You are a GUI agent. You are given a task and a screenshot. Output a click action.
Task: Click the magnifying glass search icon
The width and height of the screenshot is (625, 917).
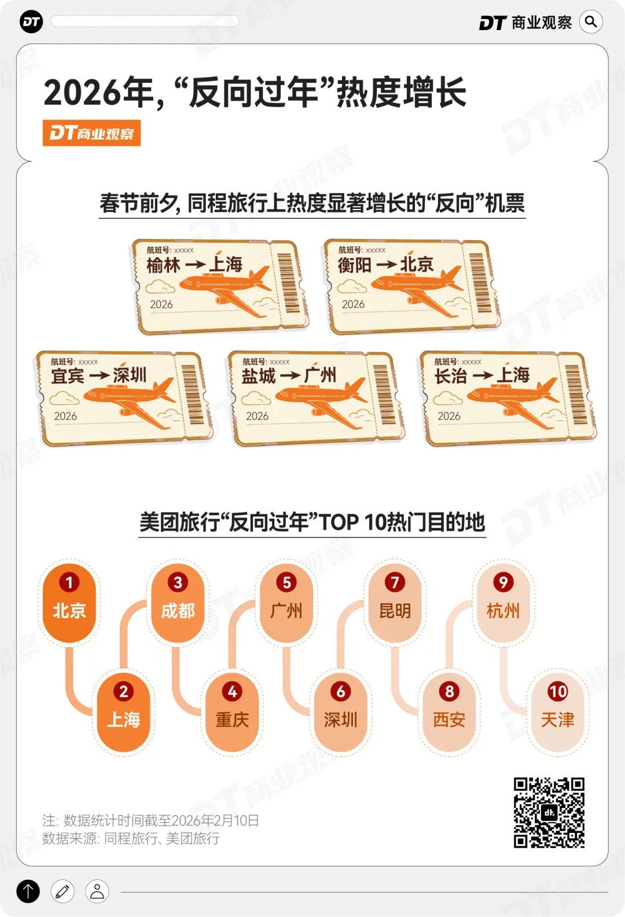point(591,22)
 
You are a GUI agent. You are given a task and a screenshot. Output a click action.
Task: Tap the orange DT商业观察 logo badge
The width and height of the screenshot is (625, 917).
point(91,133)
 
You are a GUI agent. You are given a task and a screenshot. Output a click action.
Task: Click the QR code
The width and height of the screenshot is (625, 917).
point(549,812)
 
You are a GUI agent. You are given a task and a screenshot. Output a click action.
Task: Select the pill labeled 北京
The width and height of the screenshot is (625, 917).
point(69,610)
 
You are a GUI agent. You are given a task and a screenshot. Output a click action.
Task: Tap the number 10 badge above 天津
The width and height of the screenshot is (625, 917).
point(557,691)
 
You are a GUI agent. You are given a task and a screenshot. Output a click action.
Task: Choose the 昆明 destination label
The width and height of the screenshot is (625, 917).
point(395,611)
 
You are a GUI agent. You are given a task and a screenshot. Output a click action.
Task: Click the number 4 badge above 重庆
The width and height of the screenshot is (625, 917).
point(232,691)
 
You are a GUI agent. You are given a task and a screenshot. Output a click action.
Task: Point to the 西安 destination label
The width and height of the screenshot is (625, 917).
point(449,720)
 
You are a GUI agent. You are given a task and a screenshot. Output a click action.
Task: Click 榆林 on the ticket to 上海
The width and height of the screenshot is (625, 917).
point(163,265)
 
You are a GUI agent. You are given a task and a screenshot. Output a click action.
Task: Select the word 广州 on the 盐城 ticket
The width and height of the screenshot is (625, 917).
point(320,375)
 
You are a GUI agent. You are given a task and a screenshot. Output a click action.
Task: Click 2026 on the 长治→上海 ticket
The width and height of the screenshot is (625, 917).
point(448,416)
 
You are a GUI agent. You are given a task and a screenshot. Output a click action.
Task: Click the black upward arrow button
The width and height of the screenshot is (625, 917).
point(28,892)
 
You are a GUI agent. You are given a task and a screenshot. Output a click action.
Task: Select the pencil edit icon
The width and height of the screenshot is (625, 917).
point(62,892)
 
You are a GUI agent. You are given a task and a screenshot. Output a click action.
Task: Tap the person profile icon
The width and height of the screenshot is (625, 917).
point(97,892)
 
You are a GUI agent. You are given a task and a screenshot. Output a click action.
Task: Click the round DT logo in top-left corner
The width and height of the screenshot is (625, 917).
point(31,22)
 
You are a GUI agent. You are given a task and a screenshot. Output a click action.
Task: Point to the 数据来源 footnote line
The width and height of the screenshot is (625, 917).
point(131,838)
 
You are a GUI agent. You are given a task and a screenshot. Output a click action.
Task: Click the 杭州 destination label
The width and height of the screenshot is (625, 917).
point(503,611)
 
